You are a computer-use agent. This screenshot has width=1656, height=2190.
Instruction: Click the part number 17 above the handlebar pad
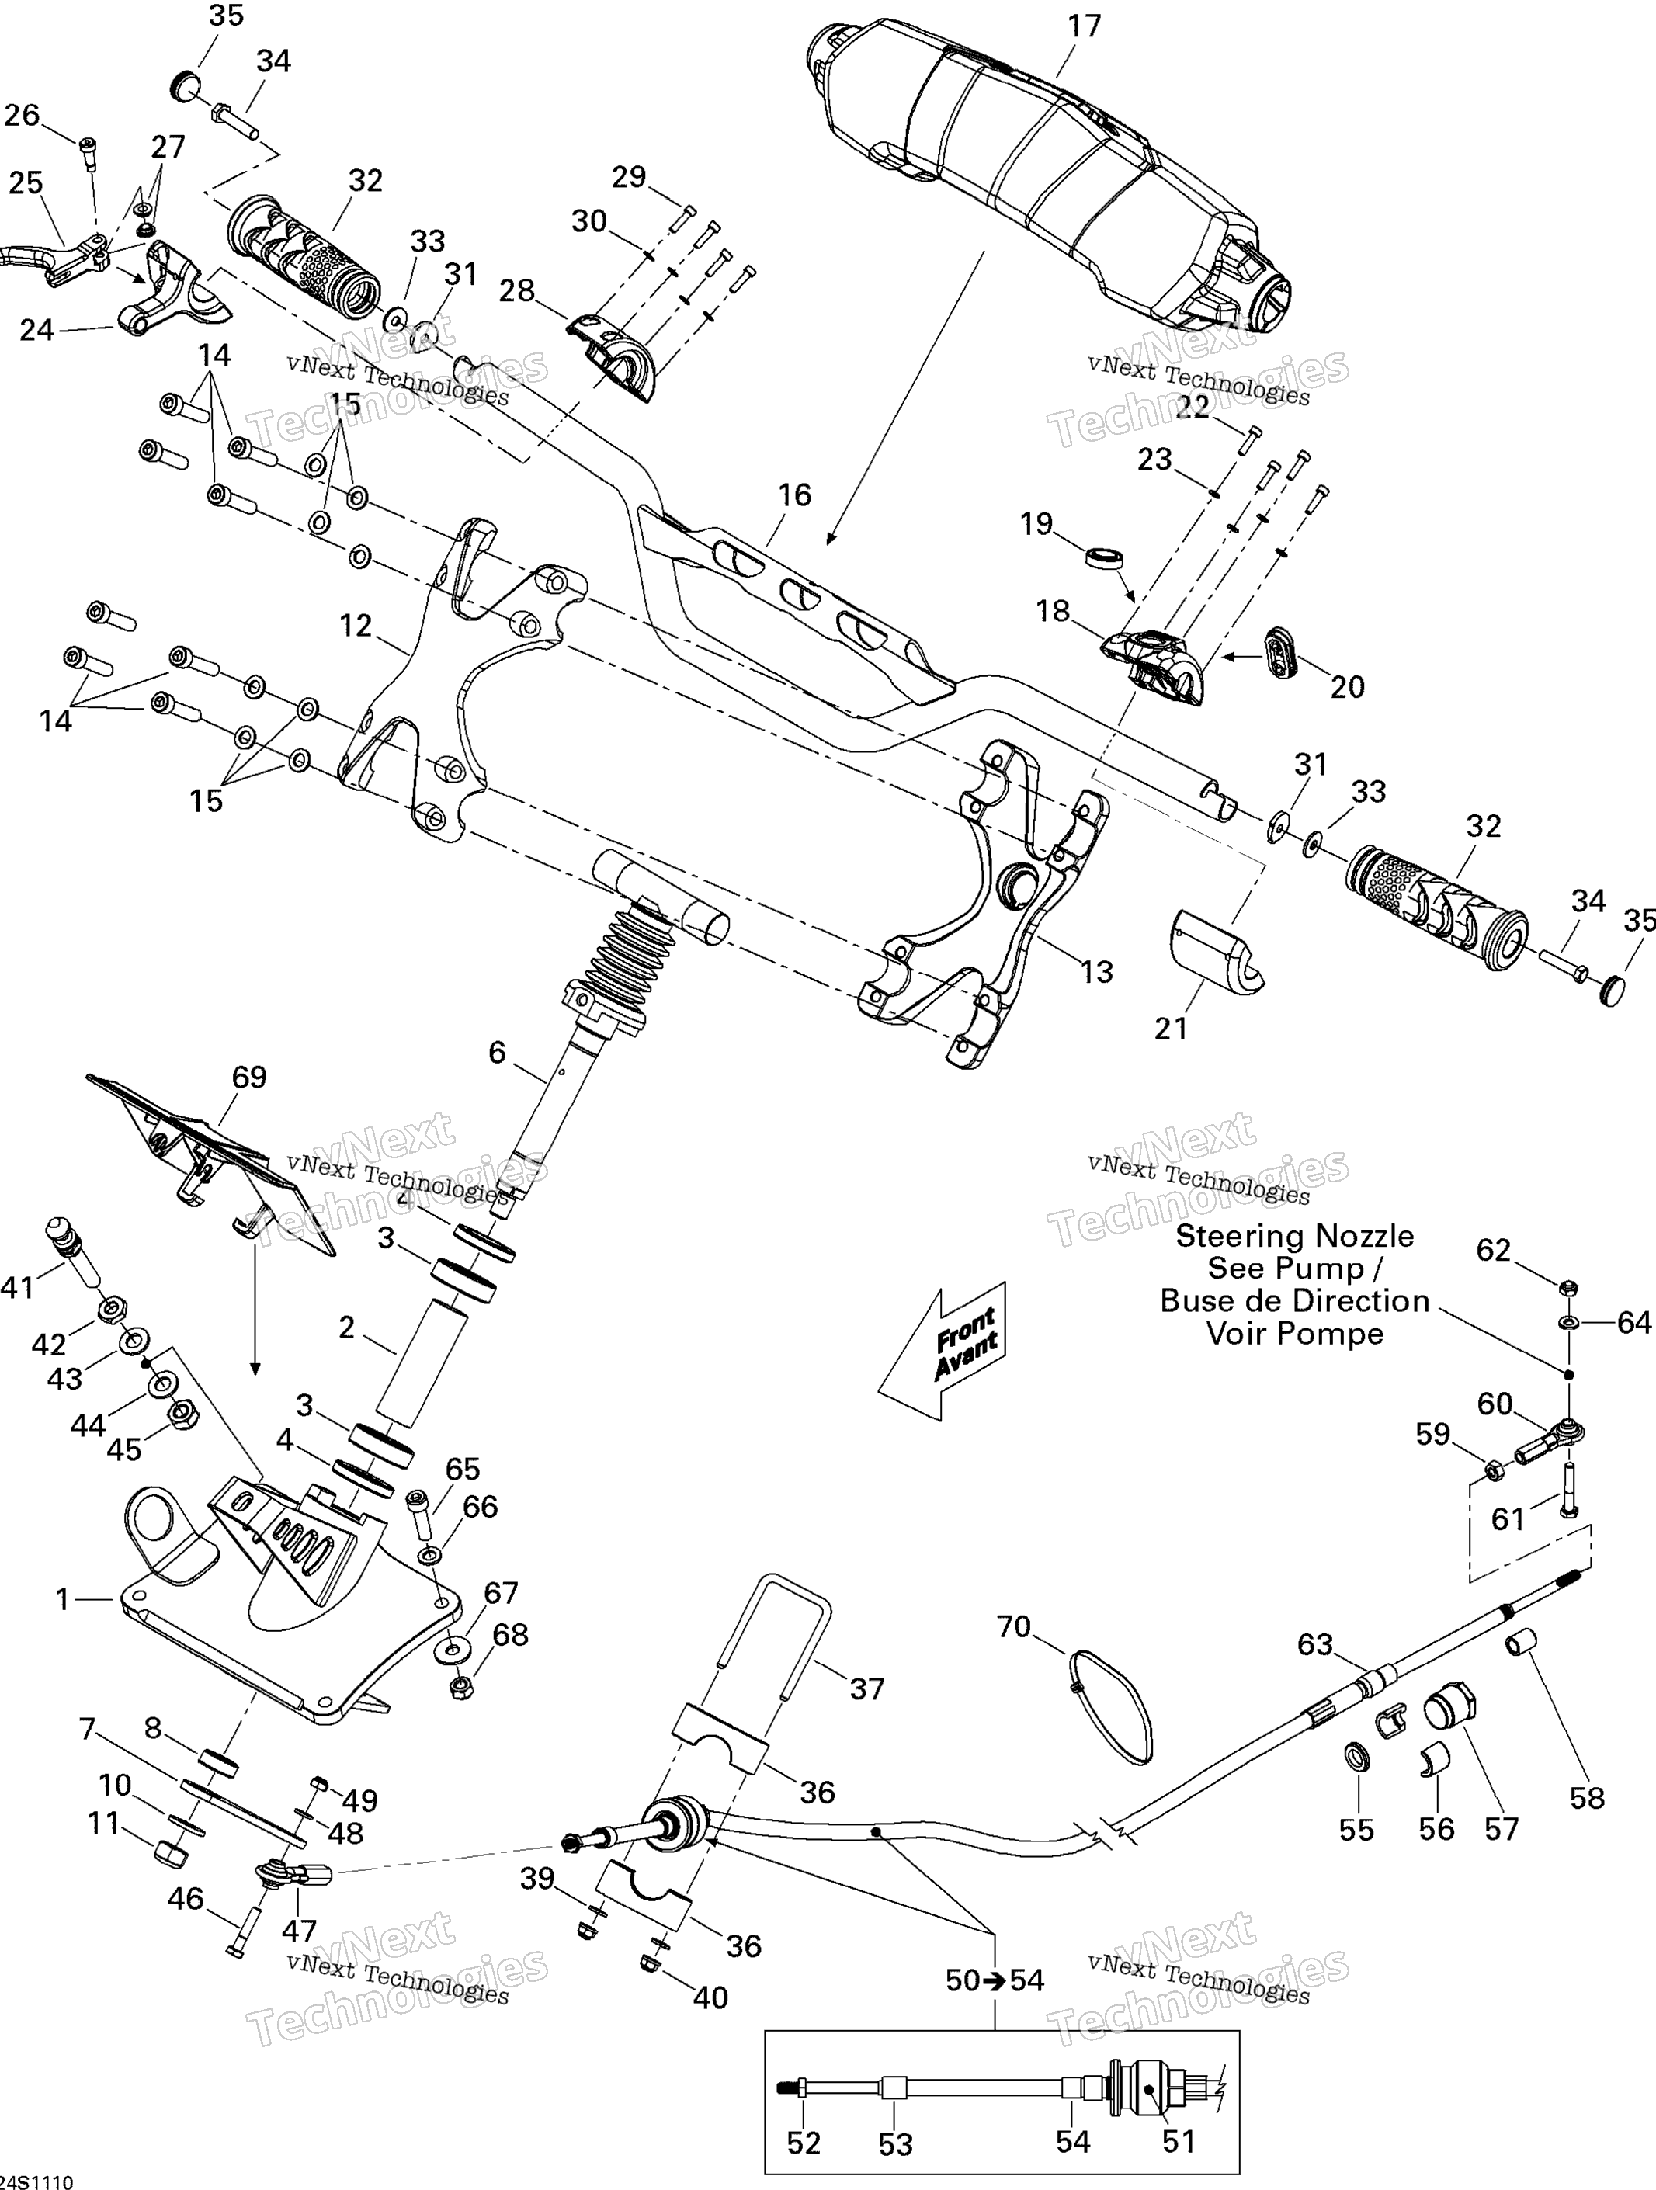coord(1084,26)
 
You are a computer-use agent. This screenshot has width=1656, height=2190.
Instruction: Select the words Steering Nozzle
coord(1295,1237)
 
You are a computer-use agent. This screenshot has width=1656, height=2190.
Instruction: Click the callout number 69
coord(248,1078)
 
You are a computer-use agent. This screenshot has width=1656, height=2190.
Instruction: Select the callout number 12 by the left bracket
coord(356,626)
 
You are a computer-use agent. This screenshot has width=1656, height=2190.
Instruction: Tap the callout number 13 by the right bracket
coord(1095,971)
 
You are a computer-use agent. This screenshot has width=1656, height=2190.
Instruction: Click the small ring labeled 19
coord(1106,557)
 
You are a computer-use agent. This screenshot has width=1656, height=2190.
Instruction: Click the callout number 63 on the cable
coord(1315,1644)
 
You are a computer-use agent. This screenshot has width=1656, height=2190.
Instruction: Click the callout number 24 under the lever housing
coord(36,330)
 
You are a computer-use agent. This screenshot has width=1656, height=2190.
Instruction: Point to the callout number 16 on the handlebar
coord(794,495)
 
